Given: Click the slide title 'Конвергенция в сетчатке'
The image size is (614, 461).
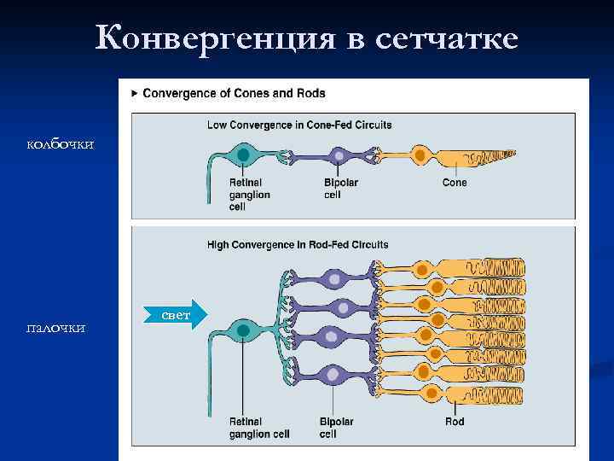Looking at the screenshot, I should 307,37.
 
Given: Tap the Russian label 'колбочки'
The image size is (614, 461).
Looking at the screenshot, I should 60,144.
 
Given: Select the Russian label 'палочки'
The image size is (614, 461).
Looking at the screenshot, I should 55,328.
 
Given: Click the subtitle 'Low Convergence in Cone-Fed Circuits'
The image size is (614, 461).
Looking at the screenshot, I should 299,125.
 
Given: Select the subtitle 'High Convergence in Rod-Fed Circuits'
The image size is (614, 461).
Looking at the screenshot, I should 298,245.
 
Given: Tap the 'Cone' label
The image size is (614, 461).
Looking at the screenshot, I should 455,183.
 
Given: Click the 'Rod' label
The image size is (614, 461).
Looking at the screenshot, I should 455,422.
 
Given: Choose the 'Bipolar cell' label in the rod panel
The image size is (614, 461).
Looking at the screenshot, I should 336,428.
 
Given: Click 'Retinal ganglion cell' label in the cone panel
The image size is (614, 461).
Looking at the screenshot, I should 249,194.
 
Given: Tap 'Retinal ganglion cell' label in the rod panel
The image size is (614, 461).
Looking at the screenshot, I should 259,428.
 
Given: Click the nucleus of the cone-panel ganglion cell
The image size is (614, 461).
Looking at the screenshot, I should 244,155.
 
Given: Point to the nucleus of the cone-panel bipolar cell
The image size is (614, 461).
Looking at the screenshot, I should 340,156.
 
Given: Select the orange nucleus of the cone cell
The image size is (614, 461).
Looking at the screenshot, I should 419,155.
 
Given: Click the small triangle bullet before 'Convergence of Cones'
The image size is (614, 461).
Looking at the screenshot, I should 135,93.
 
